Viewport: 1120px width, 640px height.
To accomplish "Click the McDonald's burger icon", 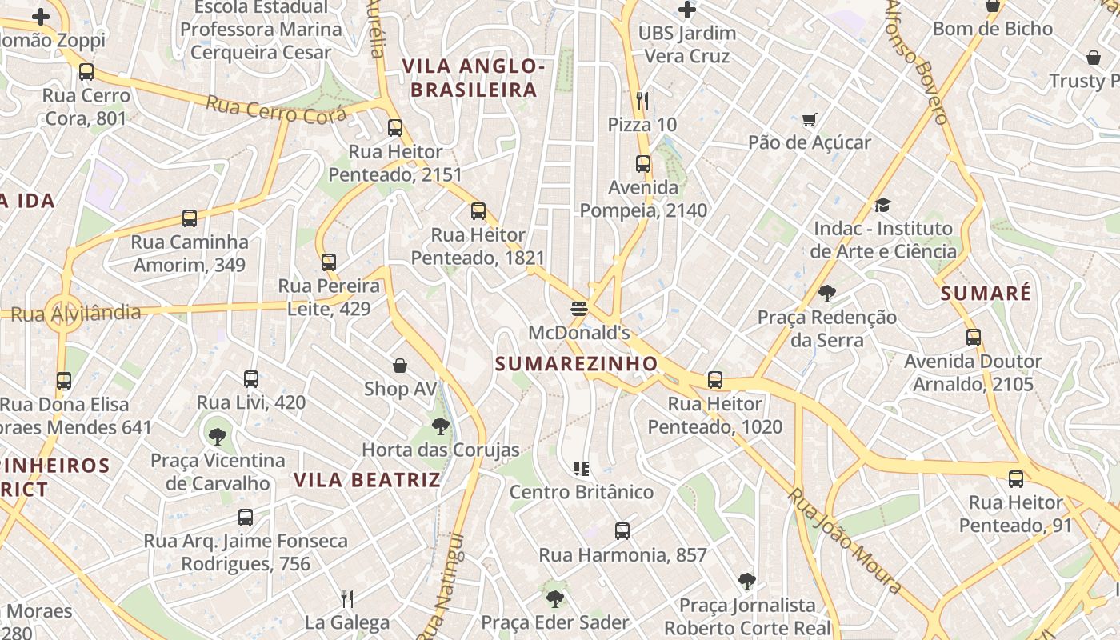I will [x=580, y=308].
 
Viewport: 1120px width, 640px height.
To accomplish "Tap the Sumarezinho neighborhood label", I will [x=576, y=364].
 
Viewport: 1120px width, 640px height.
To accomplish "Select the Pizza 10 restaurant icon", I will [x=642, y=100].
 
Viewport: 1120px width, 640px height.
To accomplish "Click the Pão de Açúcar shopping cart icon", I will [x=810, y=120].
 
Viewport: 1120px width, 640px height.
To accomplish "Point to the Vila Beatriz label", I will [x=367, y=480].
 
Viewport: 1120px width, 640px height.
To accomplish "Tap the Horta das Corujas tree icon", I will [x=440, y=426].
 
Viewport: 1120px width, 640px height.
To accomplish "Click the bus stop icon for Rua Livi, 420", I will [x=251, y=378].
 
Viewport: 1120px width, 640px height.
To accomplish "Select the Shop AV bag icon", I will [x=400, y=366].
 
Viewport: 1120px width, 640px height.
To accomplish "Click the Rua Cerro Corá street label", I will [x=277, y=110].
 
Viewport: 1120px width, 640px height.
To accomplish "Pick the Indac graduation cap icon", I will [x=882, y=206].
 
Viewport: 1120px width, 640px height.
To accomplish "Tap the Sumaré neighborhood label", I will [x=986, y=294].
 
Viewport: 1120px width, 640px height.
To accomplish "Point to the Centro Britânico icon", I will [x=582, y=468].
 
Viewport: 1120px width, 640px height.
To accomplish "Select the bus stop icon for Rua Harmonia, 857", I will [x=622, y=530].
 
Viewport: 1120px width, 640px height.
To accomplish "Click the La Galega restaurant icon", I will [x=347, y=598].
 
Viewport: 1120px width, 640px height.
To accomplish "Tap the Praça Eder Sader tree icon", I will [x=554, y=598].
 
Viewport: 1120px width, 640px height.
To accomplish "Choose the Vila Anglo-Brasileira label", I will [x=474, y=78].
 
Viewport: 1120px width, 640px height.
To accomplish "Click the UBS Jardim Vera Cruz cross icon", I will [x=686, y=10].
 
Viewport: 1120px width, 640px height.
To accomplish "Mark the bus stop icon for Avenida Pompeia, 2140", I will [x=643, y=164].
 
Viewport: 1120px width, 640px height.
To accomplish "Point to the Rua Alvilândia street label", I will [x=77, y=314].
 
